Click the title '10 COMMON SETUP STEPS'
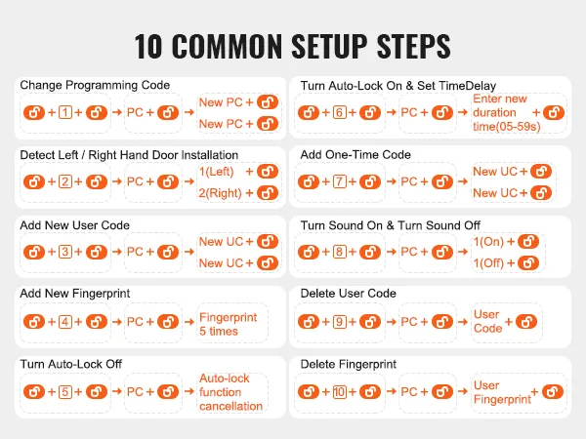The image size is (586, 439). coord(293,45)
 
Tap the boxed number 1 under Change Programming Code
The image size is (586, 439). coord(65,113)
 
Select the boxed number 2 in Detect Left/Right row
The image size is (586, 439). coord(65,182)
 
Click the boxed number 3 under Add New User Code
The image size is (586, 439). coord(65,252)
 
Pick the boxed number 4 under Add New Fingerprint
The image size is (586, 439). coord(65,322)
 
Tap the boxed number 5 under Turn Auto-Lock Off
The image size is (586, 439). coord(65,391)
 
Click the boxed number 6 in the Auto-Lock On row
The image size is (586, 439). coord(339,113)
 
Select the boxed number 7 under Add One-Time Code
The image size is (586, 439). coord(339,182)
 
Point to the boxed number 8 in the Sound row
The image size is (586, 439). coord(339,252)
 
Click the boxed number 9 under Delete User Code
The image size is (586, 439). coord(339,322)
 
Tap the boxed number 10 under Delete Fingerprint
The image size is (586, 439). coord(339,391)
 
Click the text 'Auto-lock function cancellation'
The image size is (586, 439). coord(230,392)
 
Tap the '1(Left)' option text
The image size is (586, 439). coord(217,172)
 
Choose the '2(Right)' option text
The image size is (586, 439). coord(220,193)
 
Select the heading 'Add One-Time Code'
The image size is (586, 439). coord(356,155)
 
